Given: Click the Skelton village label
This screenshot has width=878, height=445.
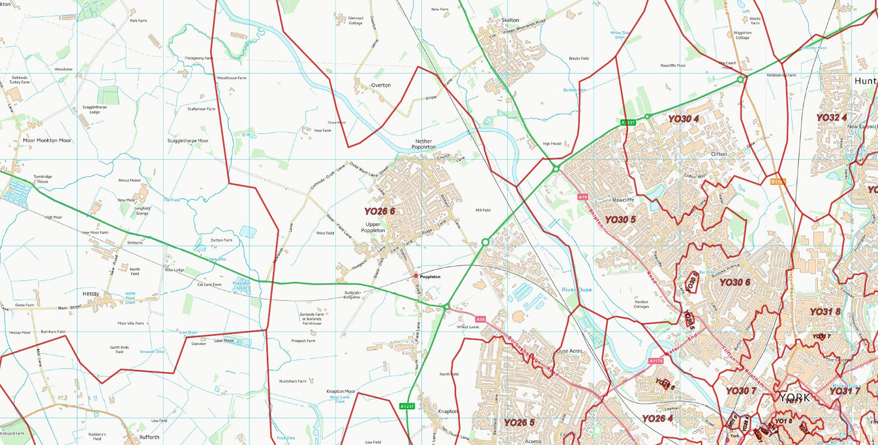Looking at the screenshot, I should (x=510, y=20).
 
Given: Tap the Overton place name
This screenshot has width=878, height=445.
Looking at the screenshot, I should (x=381, y=85).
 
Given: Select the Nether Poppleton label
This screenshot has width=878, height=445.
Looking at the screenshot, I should (x=425, y=144).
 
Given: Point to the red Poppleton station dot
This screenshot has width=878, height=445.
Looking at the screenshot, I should (x=416, y=276).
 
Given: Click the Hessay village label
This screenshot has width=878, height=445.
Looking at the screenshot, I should (x=91, y=294).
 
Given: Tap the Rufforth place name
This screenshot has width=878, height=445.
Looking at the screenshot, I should (x=149, y=437).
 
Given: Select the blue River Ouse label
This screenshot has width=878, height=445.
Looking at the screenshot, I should (x=577, y=290).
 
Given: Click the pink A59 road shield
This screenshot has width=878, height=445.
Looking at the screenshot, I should (x=481, y=319).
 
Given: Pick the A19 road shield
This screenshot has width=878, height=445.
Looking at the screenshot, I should (x=583, y=196).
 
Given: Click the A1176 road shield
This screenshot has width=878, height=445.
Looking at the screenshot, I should (x=656, y=361).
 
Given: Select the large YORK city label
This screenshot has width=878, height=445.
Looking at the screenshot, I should (x=795, y=397).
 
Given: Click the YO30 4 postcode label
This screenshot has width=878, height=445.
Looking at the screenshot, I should (x=683, y=119).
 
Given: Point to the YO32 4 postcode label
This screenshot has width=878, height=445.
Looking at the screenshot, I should (x=831, y=117).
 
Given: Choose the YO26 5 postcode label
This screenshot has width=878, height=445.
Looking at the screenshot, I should (x=519, y=422).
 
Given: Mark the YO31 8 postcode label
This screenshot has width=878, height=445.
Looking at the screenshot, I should (x=825, y=312).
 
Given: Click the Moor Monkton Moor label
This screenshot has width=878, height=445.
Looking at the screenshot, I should (x=46, y=140).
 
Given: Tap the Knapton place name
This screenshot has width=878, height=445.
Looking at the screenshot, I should (x=448, y=412).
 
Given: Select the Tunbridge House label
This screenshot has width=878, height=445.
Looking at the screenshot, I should (x=42, y=179).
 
